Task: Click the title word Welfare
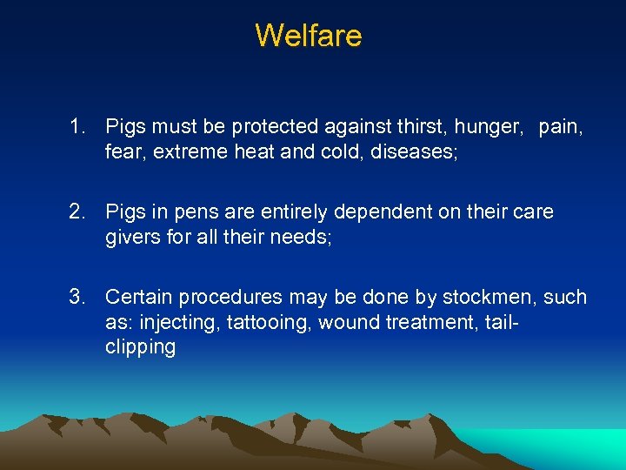click(309, 36)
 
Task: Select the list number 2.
click(77, 212)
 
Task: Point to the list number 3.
click(77, 298)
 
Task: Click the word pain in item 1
click(561, 127)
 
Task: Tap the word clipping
click(140, 347)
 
